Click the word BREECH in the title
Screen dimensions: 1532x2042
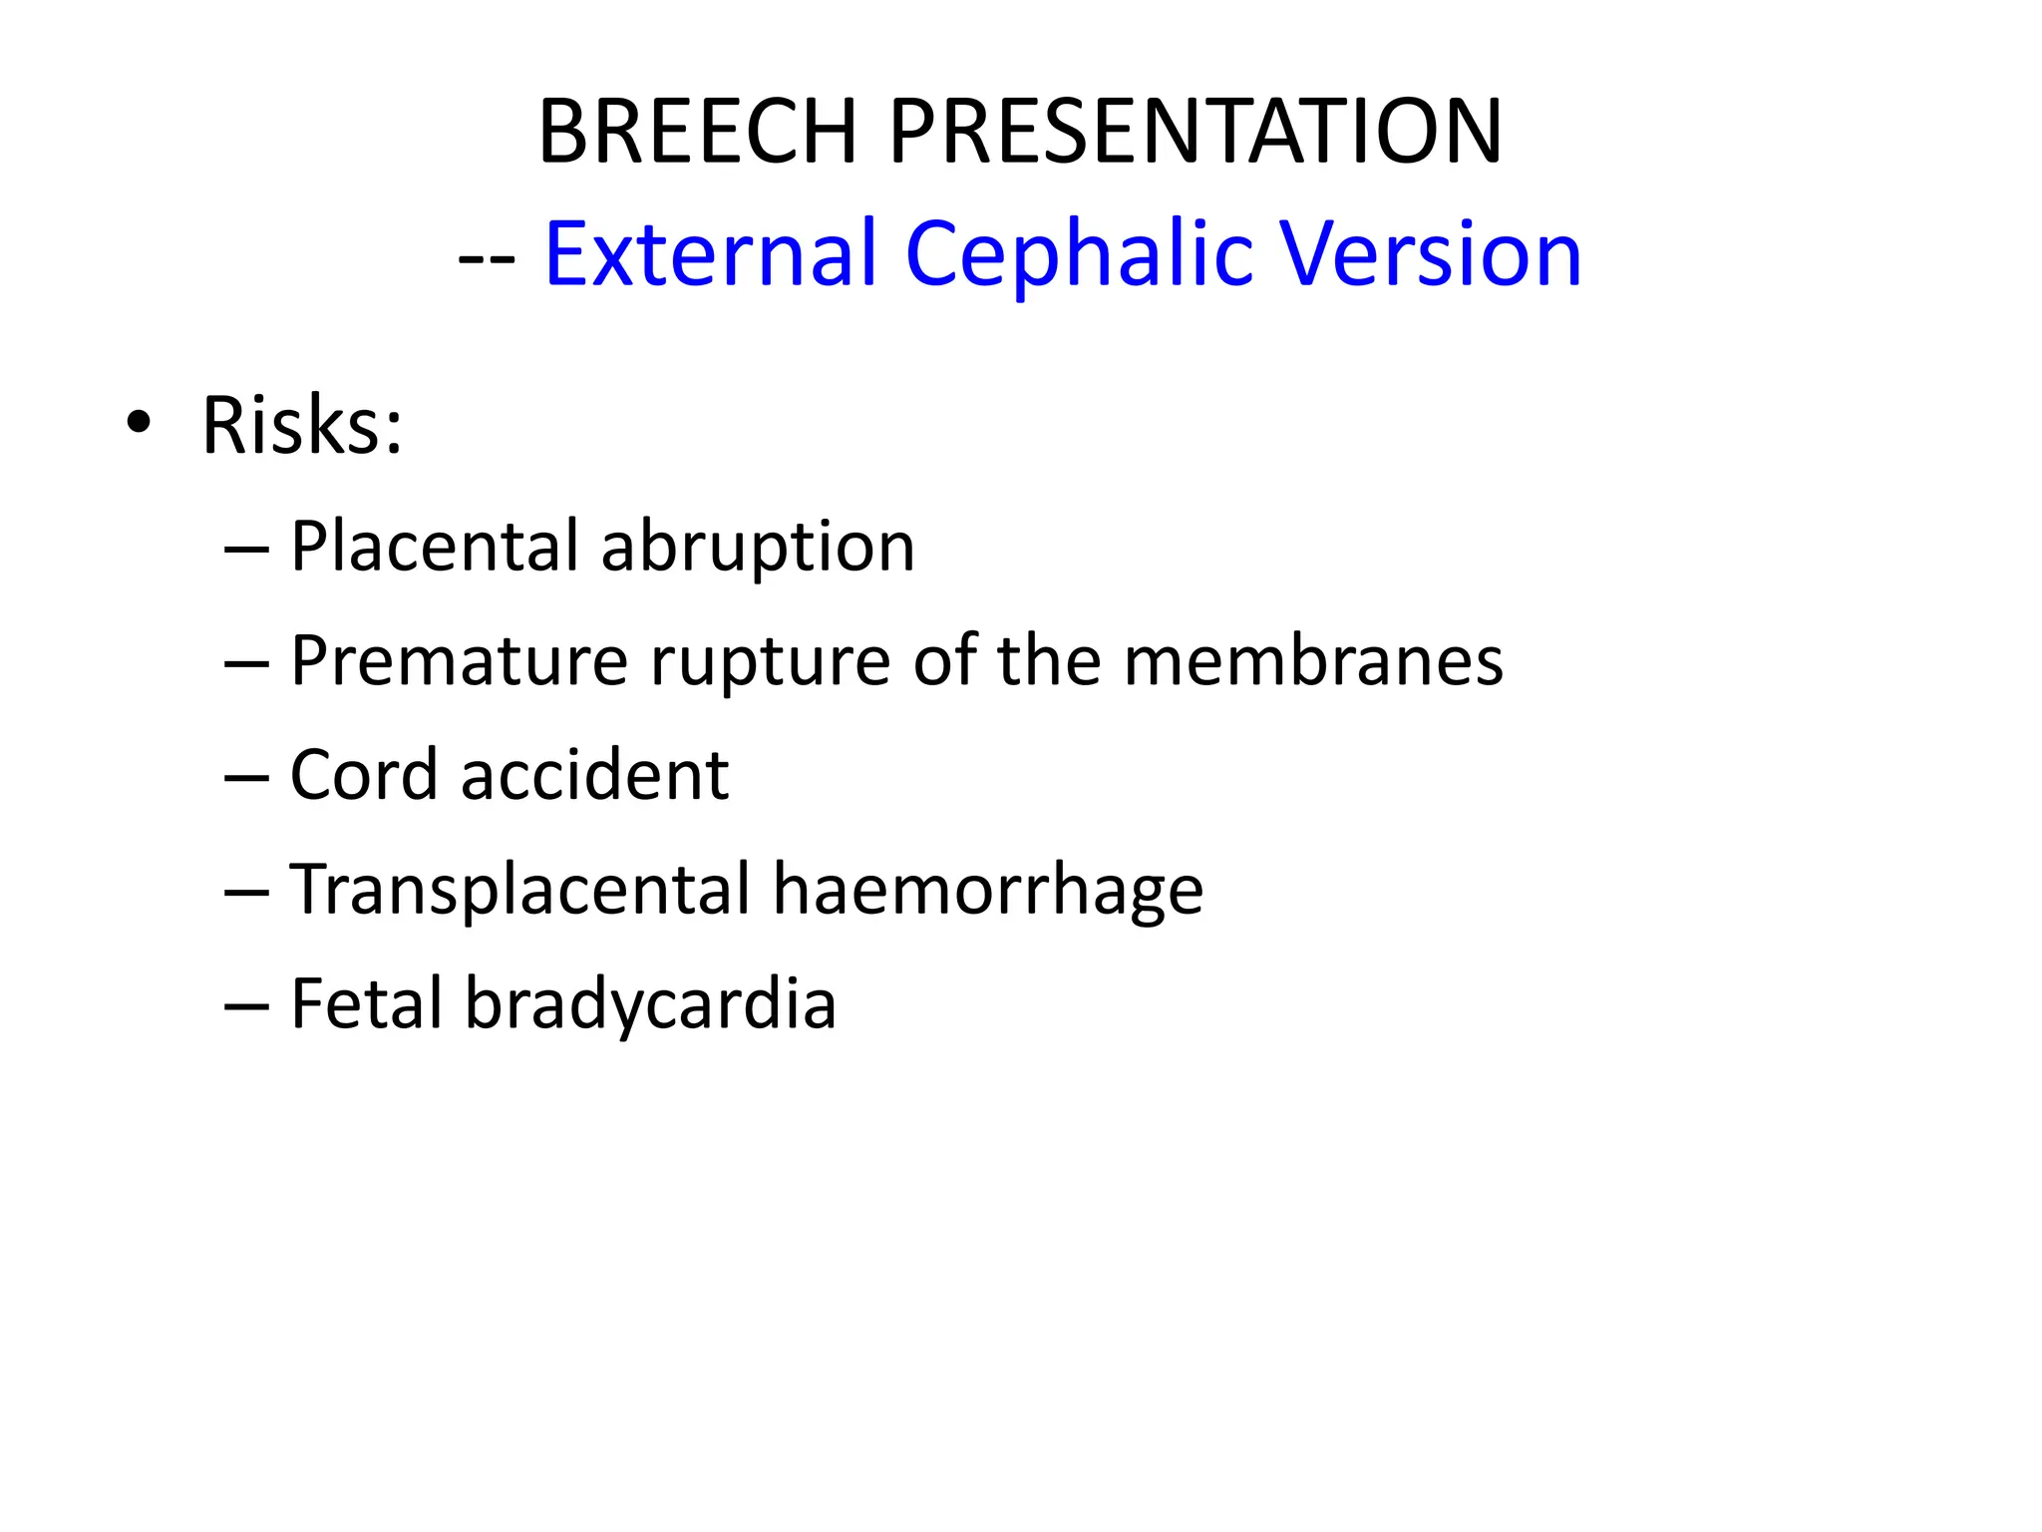[x=698, y=132]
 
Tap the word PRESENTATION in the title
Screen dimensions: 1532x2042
[x=1194, y=132]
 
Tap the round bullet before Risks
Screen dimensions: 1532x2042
[x=139, y=424]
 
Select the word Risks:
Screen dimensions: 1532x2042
[x=302, y=426]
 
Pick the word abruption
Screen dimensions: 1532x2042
[x=758, y=549]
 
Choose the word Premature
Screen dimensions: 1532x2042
[x=459, y=661]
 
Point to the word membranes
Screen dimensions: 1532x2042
[x=1313, y=661]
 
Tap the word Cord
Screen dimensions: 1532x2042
[x=363, y=775]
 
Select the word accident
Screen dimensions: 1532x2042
[x=594, y=775]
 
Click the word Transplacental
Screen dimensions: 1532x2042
[x=519, y=890]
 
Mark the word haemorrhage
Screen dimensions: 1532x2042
[x=987, y=890]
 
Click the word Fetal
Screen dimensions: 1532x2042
[x=366, y=1003]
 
